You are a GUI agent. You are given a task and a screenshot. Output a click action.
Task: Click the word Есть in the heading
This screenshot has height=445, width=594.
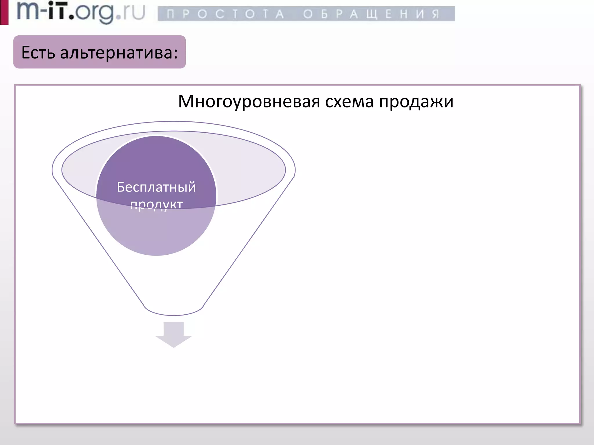(x=38, y=53)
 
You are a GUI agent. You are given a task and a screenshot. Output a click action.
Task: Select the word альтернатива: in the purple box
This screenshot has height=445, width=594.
(x=119, y=53)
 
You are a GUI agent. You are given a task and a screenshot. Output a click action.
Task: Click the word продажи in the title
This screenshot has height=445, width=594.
(x=416, y=102)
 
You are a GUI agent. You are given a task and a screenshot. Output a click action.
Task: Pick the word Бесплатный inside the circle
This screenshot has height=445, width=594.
(x=156, y=187)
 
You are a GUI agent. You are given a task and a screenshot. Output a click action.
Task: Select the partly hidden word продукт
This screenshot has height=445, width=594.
(x=156, y=205)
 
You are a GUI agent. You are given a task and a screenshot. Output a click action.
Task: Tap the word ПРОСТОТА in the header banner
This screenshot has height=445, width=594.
(x=225, y=14)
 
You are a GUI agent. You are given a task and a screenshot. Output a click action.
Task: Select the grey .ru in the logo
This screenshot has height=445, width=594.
(x=131, y=13)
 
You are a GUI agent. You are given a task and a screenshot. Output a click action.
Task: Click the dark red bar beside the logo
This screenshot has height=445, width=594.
(x=4, y=12)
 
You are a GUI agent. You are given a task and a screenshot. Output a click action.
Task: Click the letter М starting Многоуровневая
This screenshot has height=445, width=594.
(x=186, y=102)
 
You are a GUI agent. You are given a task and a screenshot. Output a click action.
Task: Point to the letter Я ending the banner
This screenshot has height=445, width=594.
(x=435, y=14)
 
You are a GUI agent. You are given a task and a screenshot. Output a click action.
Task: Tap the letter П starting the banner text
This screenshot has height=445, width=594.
(x=171, y=14)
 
